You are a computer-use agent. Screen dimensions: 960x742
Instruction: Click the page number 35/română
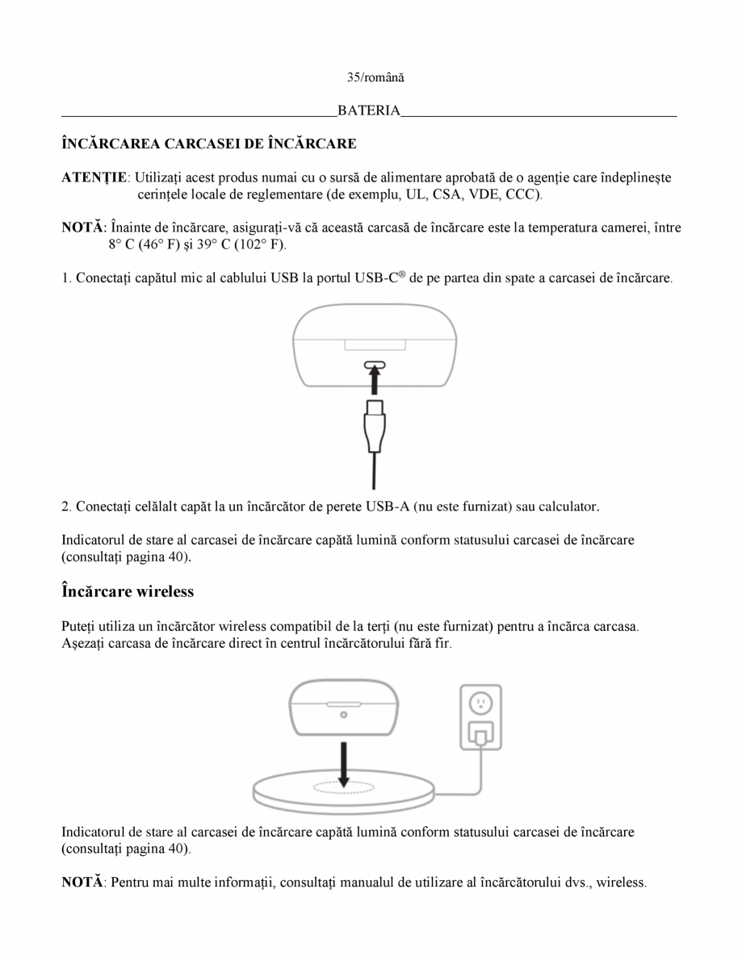[x=371, y=78]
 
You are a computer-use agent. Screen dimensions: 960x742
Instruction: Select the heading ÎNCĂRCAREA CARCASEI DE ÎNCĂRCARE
[x=209, y=144]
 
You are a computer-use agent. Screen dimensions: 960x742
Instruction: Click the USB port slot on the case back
[x=371, y=364]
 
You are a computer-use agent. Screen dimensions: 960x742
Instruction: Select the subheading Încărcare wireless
[x=128, y=591]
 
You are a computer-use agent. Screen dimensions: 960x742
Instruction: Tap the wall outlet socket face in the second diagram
[x=480, y=703]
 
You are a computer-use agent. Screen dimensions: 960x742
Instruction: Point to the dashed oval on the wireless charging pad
[x=344, y=788]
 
